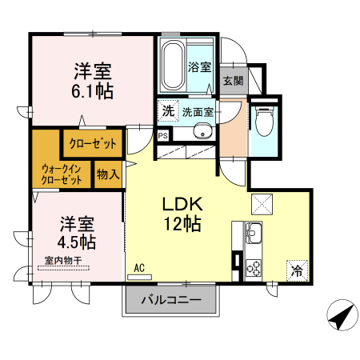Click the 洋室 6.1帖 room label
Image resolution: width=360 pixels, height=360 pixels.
(x=92, y=80)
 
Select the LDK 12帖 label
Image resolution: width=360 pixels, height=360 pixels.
(x=182, y=213)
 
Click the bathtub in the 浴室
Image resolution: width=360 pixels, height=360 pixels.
(x=172, y=68)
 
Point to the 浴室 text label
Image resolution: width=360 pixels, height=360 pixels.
(x=200, y=68)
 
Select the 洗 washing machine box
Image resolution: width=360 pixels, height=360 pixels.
(x=167, y=111)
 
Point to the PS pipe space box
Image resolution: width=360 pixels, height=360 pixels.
(x=163, y=137)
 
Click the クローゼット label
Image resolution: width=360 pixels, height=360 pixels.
(x=92, y=144)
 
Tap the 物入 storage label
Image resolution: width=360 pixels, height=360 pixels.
(x=108, y=174)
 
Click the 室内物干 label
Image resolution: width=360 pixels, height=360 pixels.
(x=63, y=260)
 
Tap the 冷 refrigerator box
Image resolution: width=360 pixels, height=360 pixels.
(x=297, y=270)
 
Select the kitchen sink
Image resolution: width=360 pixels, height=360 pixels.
(x=253, y=234)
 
